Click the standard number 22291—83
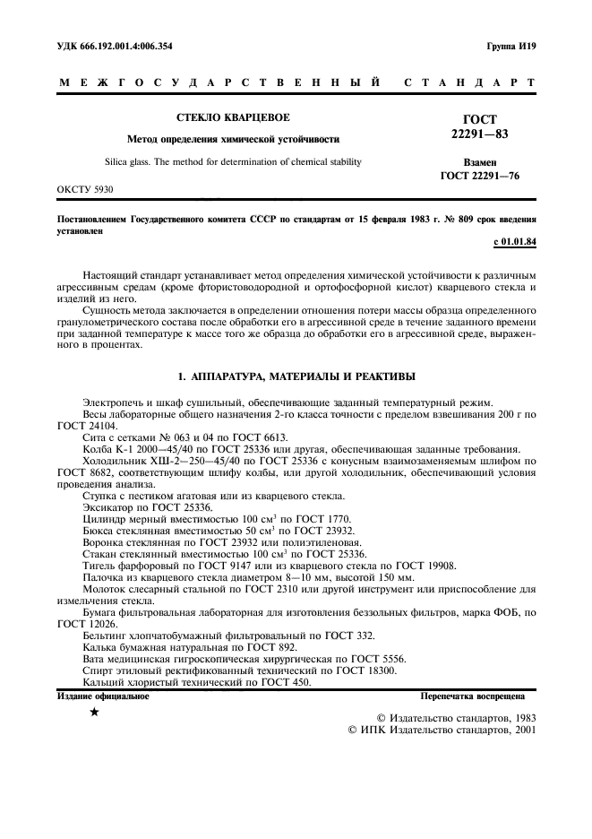[479, 134]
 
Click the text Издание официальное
[103, 695]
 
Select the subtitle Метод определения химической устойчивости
[232, 140]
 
